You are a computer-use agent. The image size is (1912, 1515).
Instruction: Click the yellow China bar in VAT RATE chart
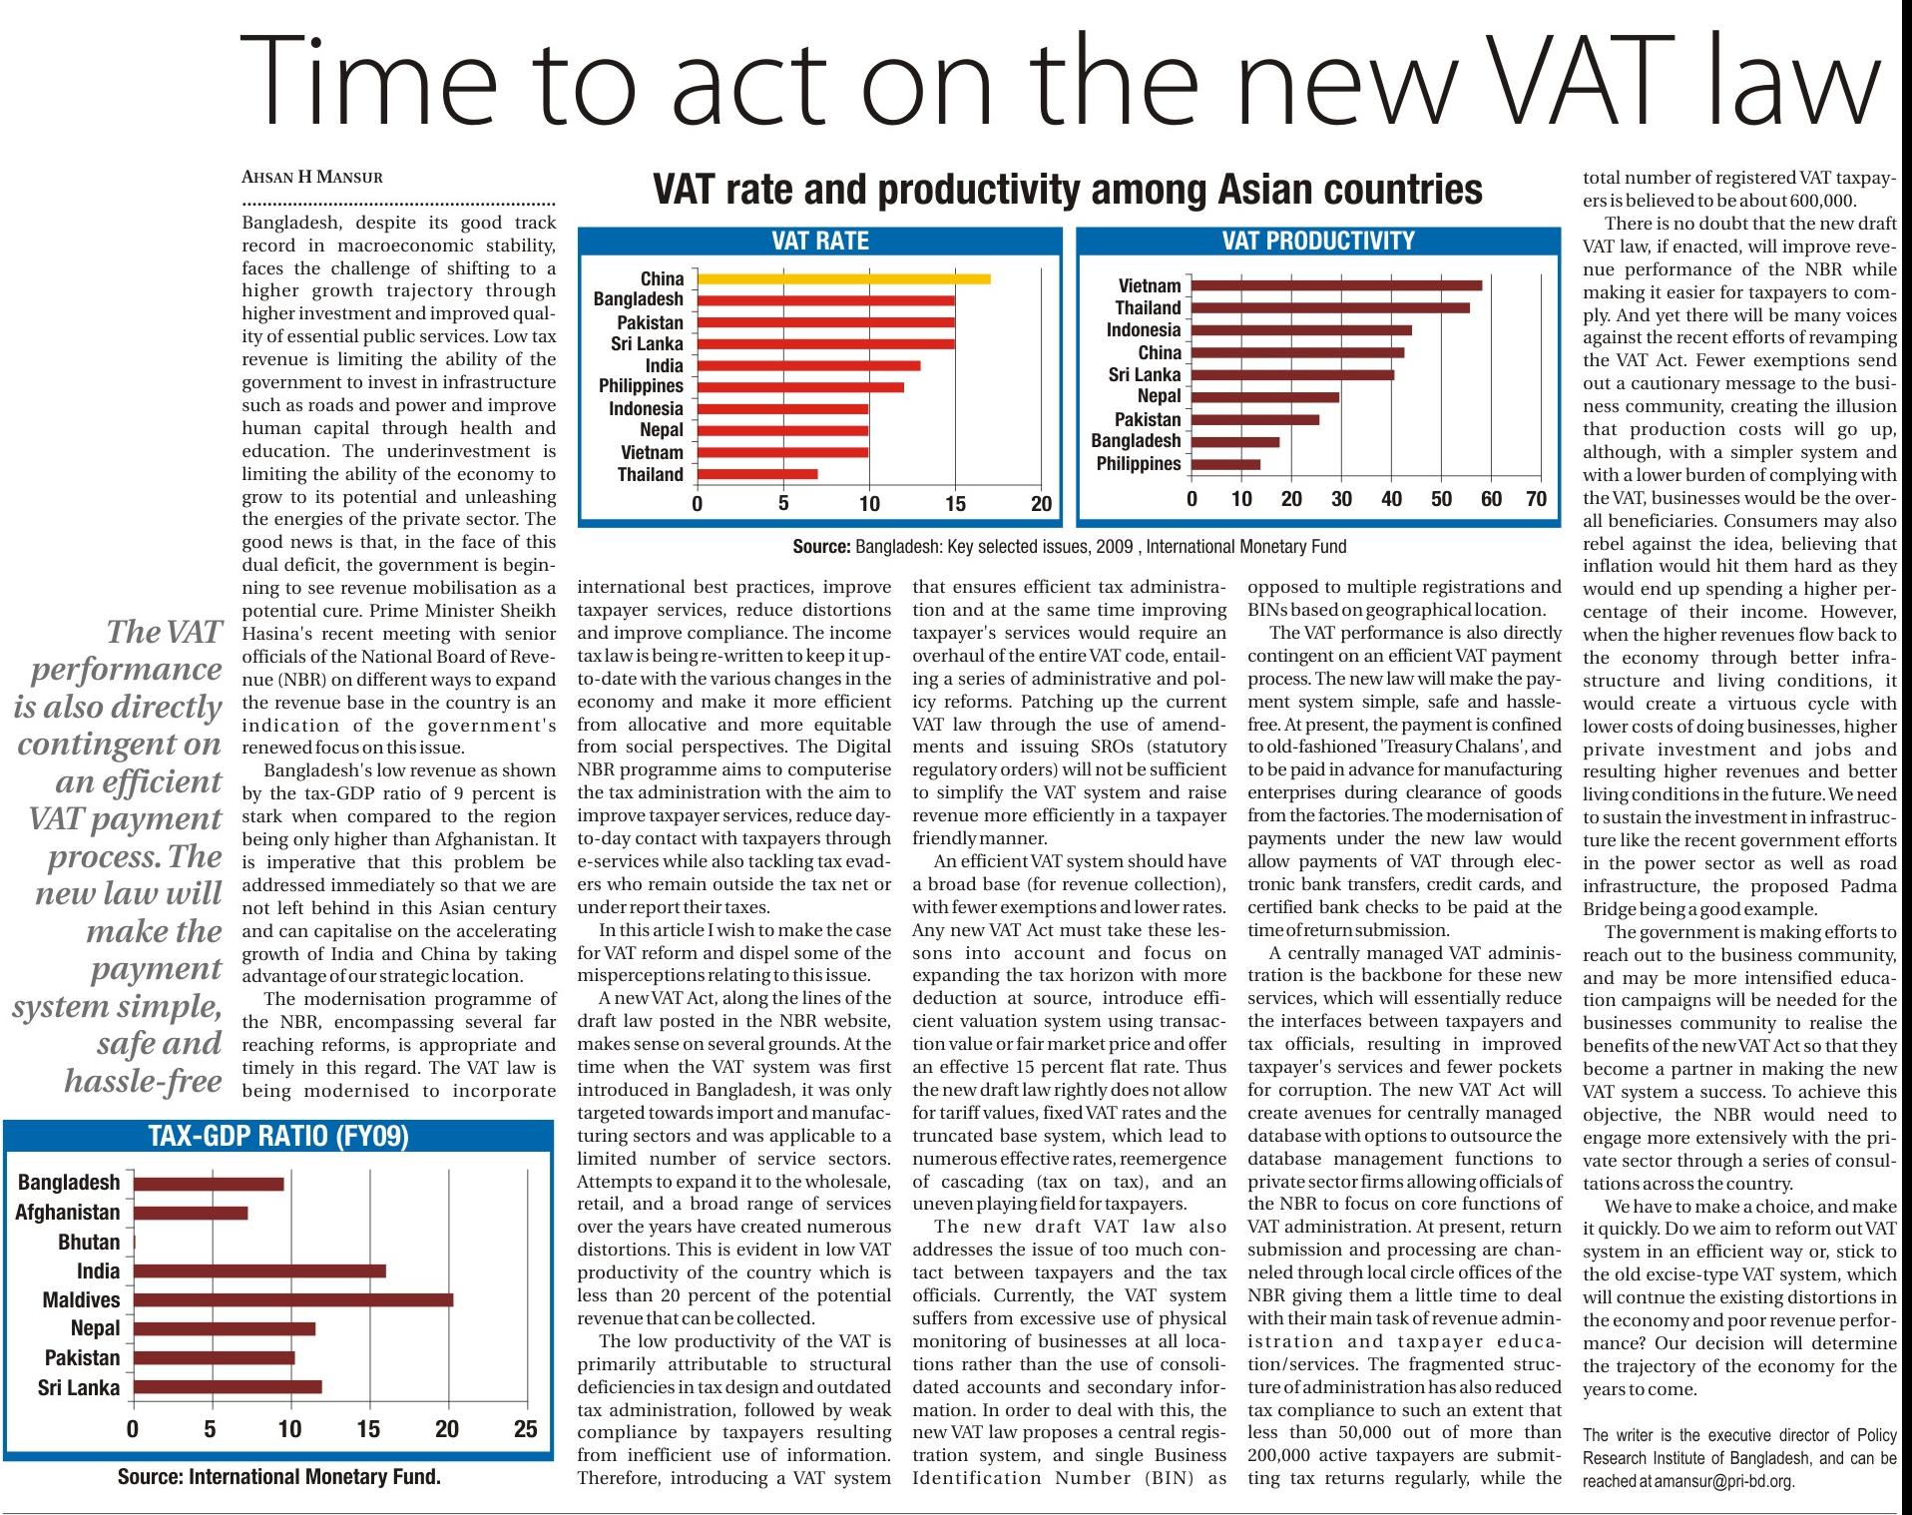point(843,278)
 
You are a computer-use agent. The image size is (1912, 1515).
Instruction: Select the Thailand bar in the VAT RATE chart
point(757,474)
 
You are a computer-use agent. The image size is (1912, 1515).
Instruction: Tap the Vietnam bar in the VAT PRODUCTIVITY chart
point(1336,285)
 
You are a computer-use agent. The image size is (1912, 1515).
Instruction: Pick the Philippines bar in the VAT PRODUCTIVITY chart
point(1225,464)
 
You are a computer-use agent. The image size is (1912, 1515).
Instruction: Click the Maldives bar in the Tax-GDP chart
point(292,1299)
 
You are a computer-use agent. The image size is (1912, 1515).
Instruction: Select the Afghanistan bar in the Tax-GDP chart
point(190,1213)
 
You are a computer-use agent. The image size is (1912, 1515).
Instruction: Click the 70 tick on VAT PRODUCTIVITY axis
point(1537,499)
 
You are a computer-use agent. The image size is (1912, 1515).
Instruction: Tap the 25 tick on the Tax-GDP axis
point(525,1429)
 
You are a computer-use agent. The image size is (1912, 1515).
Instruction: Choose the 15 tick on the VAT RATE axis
point(955,503)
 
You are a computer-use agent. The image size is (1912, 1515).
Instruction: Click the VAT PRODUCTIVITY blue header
point(1318,241)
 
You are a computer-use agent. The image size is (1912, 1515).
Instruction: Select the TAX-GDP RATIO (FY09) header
point(278,1137)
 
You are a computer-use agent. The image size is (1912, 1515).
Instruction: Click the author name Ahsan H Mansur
point(312,178)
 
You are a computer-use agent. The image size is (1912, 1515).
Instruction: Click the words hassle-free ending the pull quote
point(143,1081)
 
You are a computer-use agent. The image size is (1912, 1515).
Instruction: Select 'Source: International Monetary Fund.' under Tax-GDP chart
point(278,1477)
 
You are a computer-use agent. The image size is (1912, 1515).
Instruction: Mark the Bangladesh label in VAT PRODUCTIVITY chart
point(1136,441)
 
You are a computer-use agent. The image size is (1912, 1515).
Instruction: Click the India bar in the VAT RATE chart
point(808,365)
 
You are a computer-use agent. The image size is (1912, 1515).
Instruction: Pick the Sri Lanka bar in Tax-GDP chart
point(227,1386)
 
